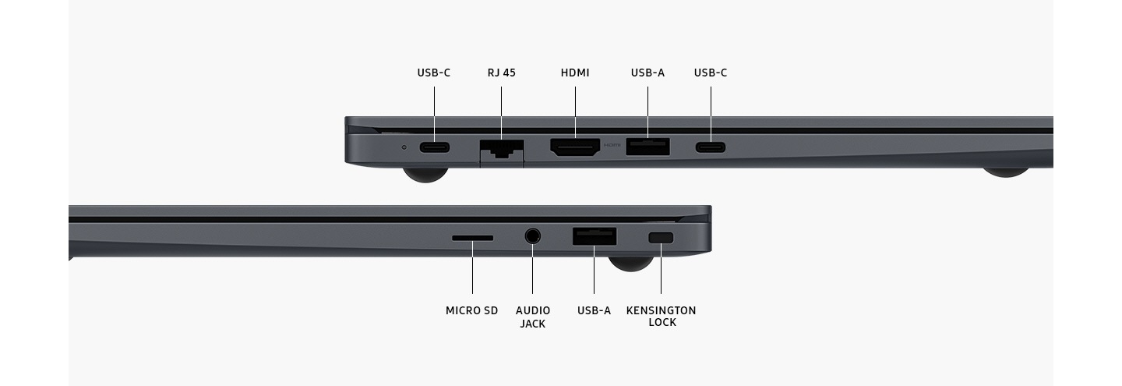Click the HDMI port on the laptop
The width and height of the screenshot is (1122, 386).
[575, 147]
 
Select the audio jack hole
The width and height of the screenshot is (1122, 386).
[533, 235]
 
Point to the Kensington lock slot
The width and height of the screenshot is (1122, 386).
[661, 237]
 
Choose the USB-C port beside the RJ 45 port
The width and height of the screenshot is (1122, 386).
[434, 147]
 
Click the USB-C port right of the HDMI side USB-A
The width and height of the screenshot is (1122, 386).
[710, 147]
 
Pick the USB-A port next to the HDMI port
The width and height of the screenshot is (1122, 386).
[647, 147]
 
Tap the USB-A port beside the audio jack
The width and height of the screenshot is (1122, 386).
[595, 236]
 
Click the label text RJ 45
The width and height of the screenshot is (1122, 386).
[501, 73]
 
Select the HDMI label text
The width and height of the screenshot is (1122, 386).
[575, 73]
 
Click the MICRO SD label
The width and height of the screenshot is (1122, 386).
[471, 310]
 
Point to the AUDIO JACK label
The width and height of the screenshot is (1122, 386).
[533, 317]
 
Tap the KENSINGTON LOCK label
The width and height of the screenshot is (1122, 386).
[661, 317]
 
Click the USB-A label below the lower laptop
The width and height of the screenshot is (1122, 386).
[594, 310]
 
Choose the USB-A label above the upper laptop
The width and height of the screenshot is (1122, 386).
[647, 73]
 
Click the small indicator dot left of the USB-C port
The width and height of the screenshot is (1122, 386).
[404, 147]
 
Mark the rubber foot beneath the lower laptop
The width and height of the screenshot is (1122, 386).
[630, 264]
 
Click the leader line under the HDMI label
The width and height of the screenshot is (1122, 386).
[576, 109]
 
